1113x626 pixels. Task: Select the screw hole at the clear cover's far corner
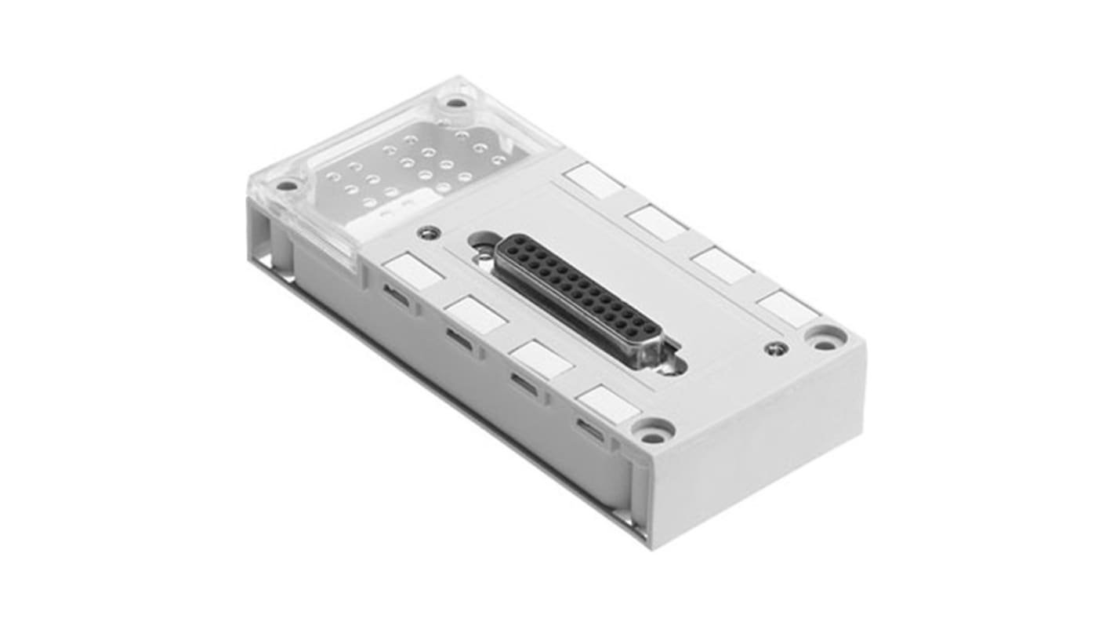point(455,102)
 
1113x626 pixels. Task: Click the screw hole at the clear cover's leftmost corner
point(287,186)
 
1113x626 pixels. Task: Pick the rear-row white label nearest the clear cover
point(594,181)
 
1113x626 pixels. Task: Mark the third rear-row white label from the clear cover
point(723,265)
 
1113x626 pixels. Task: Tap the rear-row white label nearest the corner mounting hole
point(789,309)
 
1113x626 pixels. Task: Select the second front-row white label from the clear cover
point(477,315)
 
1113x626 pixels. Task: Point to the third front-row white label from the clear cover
point(542,360)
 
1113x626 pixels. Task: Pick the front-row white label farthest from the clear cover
point(607,405)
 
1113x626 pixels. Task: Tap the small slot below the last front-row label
point(591,430)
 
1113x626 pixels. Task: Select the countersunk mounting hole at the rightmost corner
point(825,339)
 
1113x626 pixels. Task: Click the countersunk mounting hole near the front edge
point(653,429)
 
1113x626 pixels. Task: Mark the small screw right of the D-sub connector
point(774,348)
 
